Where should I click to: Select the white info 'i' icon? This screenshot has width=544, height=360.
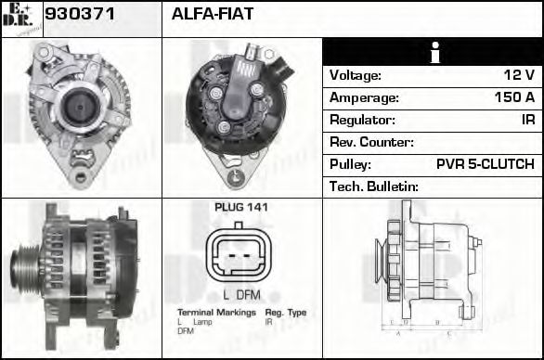coord(433,52)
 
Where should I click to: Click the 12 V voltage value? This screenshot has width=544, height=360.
coord(517,75)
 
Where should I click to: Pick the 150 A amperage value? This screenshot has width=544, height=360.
coord(513,97)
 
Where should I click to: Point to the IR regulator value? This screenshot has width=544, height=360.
coord(526,120)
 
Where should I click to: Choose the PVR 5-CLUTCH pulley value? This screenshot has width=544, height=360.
coord(485,164)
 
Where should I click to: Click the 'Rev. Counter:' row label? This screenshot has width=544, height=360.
coord(371,142)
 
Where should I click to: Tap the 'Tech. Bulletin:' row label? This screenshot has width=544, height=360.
coord(374,186)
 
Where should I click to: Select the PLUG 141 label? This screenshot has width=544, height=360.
coord(241,207)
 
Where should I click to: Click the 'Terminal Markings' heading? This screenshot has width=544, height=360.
coord(216,313)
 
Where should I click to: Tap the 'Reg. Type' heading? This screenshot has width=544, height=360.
coord(285,313)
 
